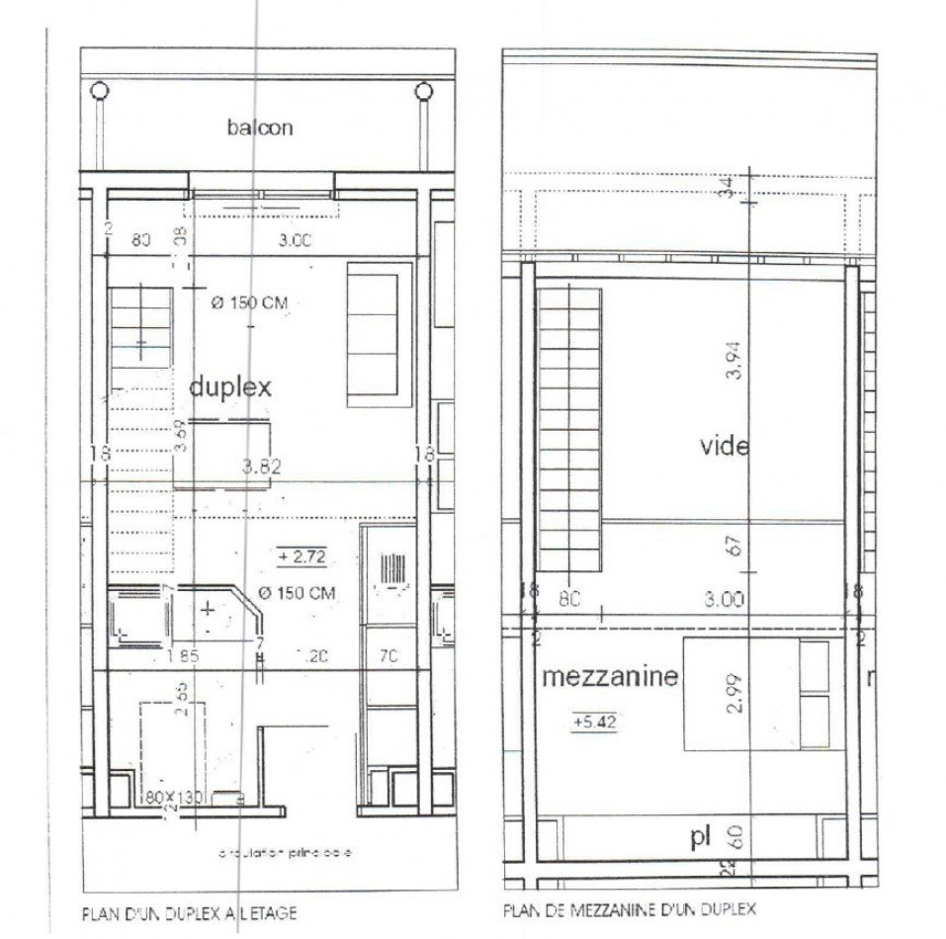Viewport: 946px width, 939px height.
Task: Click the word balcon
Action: coord(259,128)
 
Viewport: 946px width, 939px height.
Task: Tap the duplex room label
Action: coord(230,387)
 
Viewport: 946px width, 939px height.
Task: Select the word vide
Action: coord(725,446)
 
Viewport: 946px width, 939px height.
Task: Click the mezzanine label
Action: coord(610,677)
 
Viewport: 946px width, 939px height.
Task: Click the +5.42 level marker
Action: coord(594,723)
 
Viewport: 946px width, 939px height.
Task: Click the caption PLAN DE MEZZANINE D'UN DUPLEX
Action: coord(630,909)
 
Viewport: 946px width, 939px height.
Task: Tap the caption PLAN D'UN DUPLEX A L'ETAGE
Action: coord(188,914)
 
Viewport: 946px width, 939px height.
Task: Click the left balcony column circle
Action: coord(99,92)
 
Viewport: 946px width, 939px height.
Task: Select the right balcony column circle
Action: coord(424,92)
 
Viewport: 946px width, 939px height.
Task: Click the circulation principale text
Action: coord(285,852)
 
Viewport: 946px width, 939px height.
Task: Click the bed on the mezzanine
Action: coord(756,693)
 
